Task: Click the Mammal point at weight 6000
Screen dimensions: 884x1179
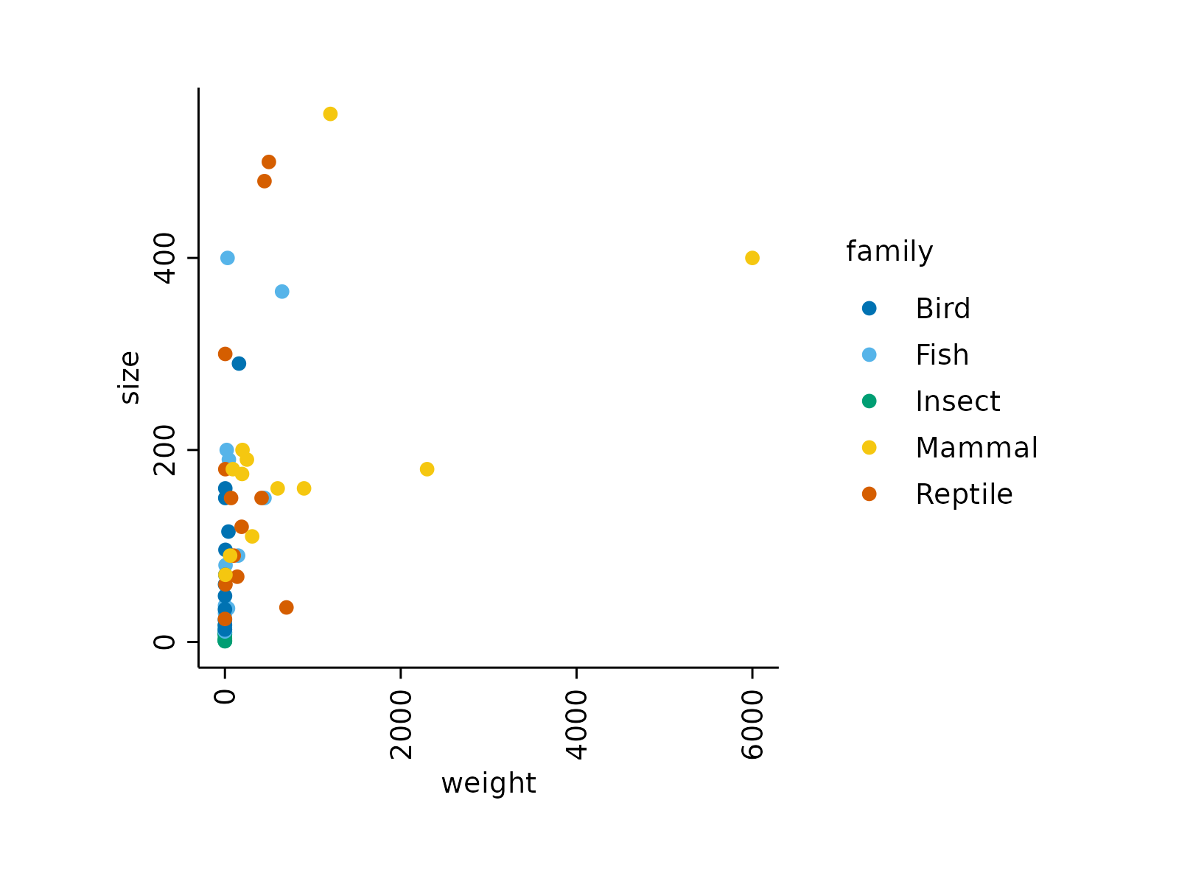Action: pos(752,258)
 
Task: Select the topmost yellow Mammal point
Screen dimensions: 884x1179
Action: pos(330,113)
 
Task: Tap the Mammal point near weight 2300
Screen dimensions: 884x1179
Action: pos(427,469)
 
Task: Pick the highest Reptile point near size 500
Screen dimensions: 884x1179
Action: pos(269,162)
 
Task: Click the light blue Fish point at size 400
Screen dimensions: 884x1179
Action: pos(228,258)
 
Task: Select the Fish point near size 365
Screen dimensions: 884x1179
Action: pos(281,292)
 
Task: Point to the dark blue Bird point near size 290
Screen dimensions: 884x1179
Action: pos(239,363)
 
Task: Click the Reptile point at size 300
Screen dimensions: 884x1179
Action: pos(225,354)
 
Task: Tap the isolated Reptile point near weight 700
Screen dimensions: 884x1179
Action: pos(287,608)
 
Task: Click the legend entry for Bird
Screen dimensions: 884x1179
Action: pos(942,309)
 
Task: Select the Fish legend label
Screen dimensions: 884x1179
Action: pos(942,355)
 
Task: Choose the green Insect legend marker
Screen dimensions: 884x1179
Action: pos(870,401)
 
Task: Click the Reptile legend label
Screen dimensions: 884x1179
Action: pos(964,494)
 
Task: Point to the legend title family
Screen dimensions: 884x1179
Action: pos(889,251)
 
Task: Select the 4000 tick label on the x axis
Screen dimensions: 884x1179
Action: pos(576,725)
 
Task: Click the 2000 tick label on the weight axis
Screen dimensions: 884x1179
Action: pos(401,725)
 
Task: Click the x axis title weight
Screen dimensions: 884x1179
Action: pos(489,783)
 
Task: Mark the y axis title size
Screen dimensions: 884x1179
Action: pos(130,378)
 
